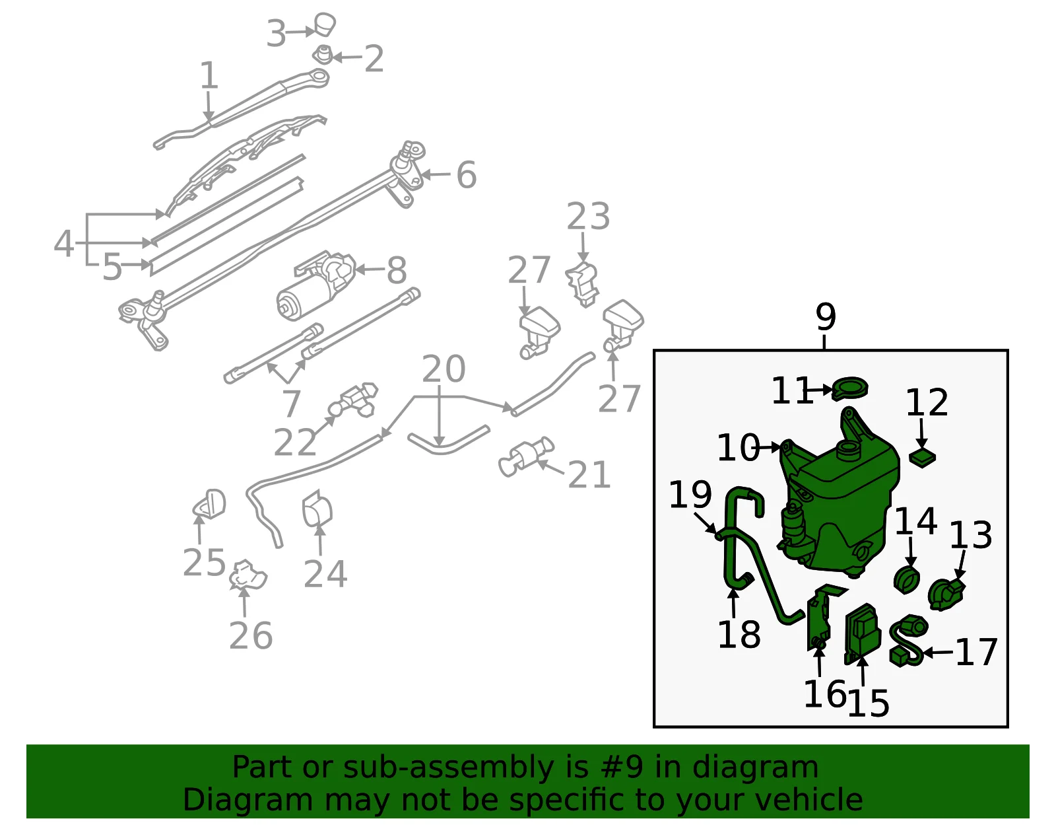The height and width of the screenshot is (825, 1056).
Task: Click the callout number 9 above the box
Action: (826, 317)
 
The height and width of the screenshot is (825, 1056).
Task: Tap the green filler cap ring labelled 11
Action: (850, 389)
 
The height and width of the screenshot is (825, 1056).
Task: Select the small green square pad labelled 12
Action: (923, 458)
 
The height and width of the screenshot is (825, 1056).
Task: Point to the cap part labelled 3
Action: (325, 24)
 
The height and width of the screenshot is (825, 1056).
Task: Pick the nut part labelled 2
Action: (324, 54)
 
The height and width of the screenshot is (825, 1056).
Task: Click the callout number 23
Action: (588, 217)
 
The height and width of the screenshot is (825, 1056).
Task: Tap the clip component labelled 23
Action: (583, 285)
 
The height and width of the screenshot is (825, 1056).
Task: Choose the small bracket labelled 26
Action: (248, 575)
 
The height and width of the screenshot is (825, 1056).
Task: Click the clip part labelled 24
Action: (317, 509)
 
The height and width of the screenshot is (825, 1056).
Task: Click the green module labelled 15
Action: (863, 634)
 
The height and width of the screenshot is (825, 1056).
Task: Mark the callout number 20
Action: (444, 369)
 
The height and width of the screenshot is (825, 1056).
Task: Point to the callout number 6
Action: (467, 174)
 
